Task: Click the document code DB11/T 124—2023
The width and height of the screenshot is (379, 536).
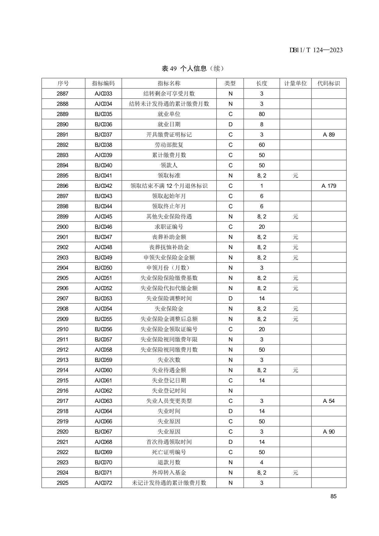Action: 316,50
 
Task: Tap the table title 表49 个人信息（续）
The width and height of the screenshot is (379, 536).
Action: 193,68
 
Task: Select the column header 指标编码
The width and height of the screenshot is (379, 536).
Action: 103,83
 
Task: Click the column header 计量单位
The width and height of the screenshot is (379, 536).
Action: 295,83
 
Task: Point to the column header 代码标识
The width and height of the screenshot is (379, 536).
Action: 329,83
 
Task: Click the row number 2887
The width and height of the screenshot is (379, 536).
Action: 63,94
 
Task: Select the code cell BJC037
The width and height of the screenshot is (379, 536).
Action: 103,135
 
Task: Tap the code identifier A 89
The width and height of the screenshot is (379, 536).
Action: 329,135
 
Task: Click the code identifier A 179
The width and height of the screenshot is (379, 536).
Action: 329,186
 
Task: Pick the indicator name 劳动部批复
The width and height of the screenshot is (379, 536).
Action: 169,145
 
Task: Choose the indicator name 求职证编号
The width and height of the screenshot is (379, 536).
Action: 169,227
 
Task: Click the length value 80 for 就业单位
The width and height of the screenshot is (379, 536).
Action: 262,114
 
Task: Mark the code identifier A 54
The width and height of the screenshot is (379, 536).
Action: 329,401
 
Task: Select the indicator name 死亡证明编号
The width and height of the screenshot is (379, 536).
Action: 169,452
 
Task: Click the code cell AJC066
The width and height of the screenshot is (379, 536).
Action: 103,421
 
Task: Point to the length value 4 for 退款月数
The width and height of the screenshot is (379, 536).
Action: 262,462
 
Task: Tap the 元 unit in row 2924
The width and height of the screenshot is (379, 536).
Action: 295,473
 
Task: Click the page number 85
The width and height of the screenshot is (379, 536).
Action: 333,496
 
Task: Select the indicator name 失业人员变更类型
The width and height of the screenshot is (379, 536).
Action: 169,401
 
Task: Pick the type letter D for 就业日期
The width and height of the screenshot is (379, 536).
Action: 230,125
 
